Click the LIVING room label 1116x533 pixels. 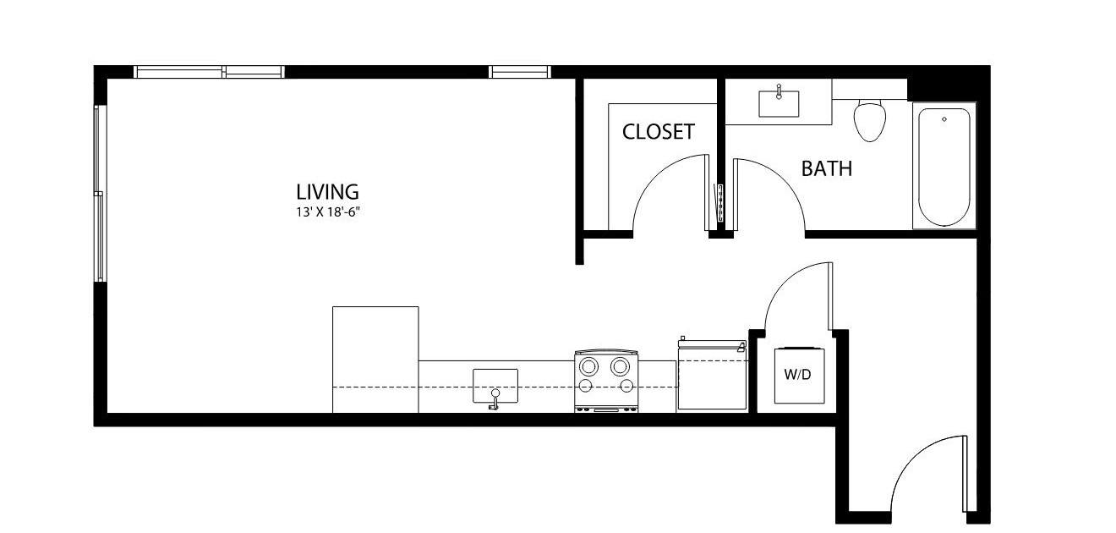click(x=327, y=192)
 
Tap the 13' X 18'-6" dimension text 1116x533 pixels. click(x=328, y=212)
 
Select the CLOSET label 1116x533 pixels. click(x=658, y=132)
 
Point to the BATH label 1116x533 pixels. click(x=827, y=169)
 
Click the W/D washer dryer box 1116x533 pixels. click(x=799, y=376)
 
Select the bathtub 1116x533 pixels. click(x=944, y=166)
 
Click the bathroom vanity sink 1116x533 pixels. click(x=779, y=104)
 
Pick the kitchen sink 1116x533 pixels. click(x=495, y=386)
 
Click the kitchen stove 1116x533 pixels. click(x=606, y=381)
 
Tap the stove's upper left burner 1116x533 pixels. click(x=588, y=366)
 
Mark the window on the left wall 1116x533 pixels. click(x=100, y=194)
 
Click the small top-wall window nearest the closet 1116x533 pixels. click(x=519, y=72)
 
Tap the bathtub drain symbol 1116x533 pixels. click(x=944, y=119)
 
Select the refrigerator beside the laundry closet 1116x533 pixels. click(x=713, y=374)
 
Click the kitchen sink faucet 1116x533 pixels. click(x=495, y=399)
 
